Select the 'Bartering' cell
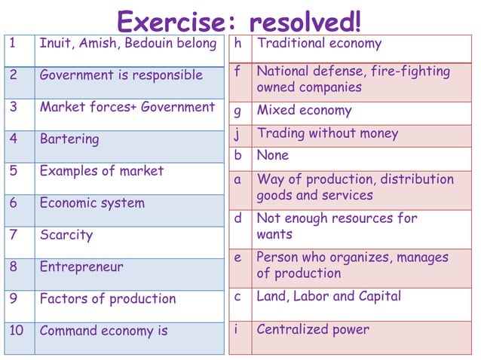click(69, 139)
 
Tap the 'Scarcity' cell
click(66, 235)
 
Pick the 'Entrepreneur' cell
click(81, 267)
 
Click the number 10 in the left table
click(17, 331)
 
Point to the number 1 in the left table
click(13, 44)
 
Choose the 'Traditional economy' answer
click(320, 44)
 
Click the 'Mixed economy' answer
click(305, 111)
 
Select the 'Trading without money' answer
click(328, 134)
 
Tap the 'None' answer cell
click(273, 155)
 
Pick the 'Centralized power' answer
click(313, 330)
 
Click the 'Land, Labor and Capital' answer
click(329, 297)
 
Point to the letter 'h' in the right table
click(238, 44)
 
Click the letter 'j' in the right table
click(238, 134)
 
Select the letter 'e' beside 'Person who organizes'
click(238, 258)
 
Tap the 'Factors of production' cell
click(108, 299)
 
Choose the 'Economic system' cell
click(92, 203)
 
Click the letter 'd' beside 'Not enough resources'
click(238, 218)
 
